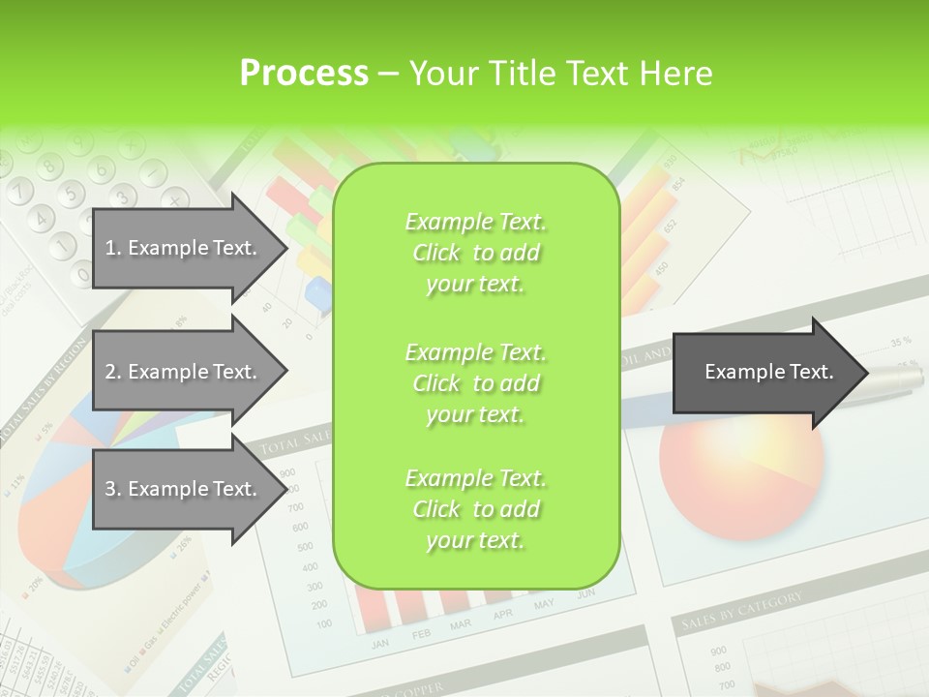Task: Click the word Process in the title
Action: [304, 73]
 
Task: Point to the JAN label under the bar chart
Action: [380, 643]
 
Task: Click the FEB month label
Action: [422, 634]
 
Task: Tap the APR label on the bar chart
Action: [502, 615]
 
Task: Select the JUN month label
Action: [584, 594]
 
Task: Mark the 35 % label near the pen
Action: [901, 342]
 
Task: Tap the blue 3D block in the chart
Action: [317, 289]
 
